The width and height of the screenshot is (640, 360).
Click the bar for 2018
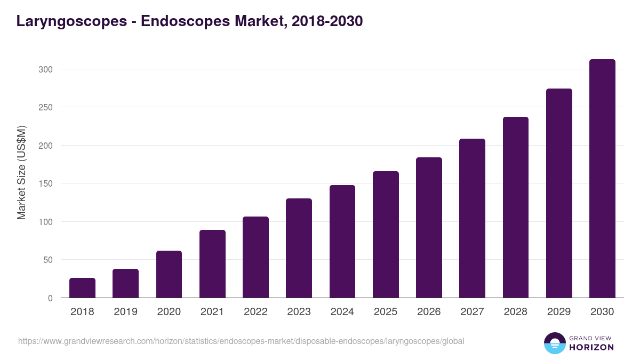[82, 288]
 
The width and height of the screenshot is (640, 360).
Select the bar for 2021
[212, 264]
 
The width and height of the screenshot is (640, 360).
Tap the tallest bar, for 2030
[602, 179]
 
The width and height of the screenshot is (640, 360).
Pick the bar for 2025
[386, 235]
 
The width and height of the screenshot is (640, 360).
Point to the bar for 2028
[516, 207]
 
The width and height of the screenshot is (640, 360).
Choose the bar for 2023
[299, 248]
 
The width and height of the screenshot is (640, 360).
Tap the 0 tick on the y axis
[50, 298]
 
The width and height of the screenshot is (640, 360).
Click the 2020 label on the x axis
[169, 312]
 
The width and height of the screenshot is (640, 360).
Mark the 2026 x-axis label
[429, 312]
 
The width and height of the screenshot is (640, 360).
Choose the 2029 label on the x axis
[559, 312]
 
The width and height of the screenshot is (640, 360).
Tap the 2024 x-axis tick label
[342, 312]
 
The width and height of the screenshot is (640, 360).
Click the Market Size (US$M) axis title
[21, 173]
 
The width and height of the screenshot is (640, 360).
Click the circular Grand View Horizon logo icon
[554, 343]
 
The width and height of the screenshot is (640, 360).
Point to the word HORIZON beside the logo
[592, 347]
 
